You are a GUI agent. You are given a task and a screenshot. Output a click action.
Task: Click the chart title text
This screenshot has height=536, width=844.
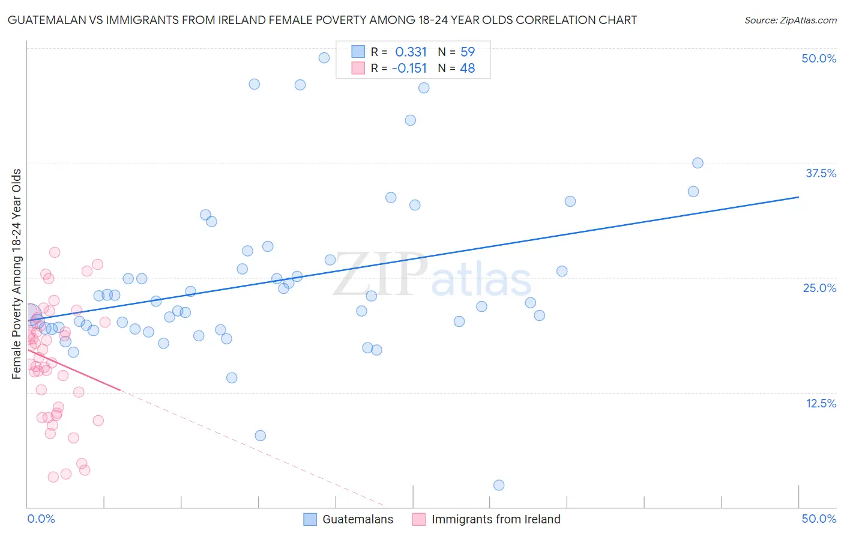click(322, 20)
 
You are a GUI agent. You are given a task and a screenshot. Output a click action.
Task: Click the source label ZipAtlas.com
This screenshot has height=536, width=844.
click(790, 20)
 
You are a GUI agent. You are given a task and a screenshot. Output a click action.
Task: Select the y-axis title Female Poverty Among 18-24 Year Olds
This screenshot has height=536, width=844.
click(17, 274)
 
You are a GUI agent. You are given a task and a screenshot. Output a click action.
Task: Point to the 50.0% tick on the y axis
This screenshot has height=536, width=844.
click(819, 58)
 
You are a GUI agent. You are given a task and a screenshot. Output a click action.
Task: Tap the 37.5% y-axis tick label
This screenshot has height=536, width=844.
click(821, 173)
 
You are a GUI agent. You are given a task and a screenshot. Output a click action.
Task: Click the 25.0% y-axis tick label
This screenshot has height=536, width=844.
click(819, 288)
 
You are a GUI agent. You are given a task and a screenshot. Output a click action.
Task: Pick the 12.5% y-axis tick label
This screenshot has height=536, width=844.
click(821, 403)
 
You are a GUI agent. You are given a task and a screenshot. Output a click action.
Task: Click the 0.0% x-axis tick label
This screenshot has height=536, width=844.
click(41, 519)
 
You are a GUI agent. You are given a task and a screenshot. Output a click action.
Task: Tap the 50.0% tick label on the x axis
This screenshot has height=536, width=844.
click(819, 519)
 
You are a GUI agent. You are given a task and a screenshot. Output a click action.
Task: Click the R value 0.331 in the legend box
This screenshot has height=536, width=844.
click(411, 52)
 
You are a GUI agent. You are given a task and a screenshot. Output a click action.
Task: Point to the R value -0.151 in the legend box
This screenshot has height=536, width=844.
click(409, 69)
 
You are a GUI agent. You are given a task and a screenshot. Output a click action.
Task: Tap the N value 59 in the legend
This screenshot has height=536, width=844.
click(468, 52)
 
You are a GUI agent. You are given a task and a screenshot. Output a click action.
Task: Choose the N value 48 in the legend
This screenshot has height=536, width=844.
click(468, 69)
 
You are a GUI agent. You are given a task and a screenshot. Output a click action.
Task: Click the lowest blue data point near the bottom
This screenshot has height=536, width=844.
click(499, 486)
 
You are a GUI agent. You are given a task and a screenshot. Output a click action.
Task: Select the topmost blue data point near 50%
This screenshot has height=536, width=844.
click(324, 58)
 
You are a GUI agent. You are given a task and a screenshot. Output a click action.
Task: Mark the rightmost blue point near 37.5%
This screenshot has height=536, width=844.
click(698, 163)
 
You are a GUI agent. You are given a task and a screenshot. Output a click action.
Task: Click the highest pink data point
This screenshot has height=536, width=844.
click(55, 252)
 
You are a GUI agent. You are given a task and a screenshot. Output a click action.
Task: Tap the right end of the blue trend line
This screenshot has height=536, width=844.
click(798, 197)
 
